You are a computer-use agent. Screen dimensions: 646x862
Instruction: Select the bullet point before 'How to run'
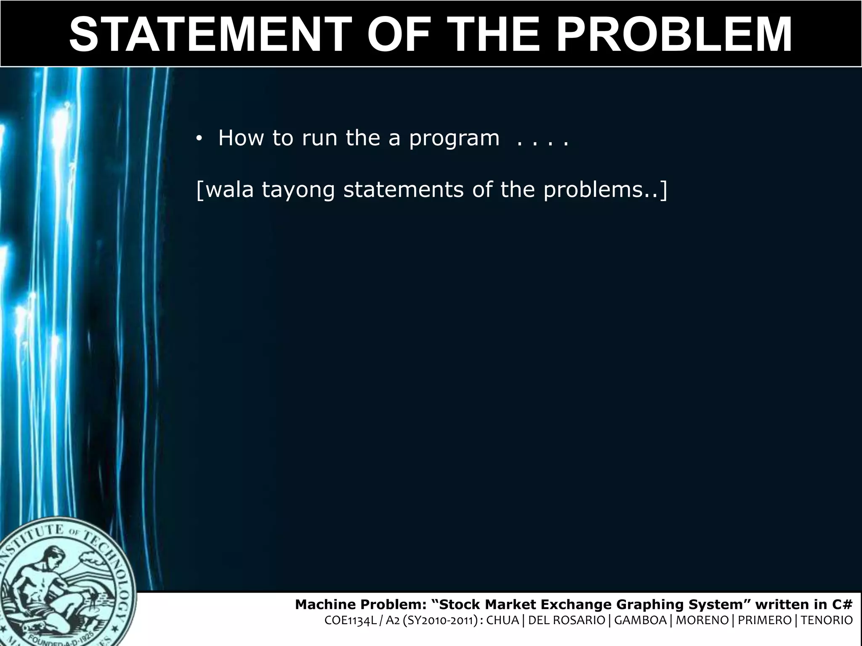199,140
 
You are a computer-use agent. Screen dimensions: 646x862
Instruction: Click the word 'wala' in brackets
229,190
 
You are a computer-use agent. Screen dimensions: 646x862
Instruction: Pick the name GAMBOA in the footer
641,620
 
